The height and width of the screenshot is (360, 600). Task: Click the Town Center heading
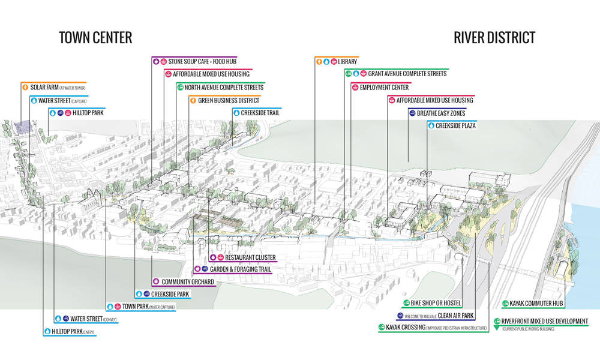pyautogui.click(x=95, y=38)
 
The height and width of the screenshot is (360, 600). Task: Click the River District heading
pyautogui.click(x=494, y=38)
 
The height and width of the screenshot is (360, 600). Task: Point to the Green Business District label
pyautogui.click(x=229, y=100)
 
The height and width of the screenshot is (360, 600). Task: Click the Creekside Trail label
pyautogui.click(x=260, y=113)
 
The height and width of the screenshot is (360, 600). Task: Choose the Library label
pyautogui.click(x=347, y=62)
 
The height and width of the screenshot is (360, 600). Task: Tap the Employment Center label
pyautogui.click(x=384, y=88)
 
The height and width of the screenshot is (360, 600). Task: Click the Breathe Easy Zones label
pyautogui.click(x=441, y=113)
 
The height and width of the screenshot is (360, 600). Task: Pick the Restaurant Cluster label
pyautogui.click(x=250, y=257)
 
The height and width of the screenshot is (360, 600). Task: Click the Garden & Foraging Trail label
pyautogui.click(x=240, y=269)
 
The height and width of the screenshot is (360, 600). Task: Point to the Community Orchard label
pyautogui.click(x=187, y=281)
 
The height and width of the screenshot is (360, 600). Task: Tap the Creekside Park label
pyautogui.click(x=170, y=294)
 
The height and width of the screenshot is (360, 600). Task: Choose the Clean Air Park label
pyautogui.click(x=456, y=316)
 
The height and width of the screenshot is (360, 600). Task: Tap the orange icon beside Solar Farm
pyautogui.click(x=25, y=88)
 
